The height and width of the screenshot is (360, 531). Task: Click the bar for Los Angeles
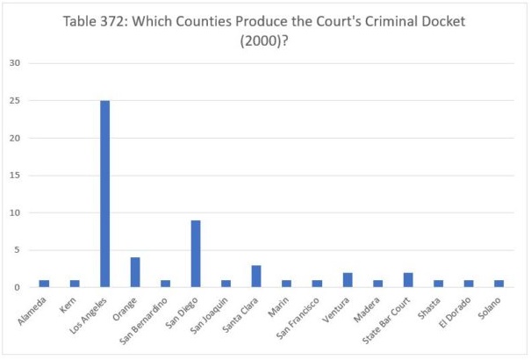[104, 193]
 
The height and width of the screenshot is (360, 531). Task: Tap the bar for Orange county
[135, 271]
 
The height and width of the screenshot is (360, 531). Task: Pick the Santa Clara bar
[256, 276]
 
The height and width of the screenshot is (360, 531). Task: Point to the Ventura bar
[348, 279]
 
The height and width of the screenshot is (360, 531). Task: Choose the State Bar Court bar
[408, 279]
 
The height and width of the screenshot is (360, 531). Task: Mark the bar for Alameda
[44, 283]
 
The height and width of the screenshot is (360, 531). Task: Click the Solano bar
[499, 283]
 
